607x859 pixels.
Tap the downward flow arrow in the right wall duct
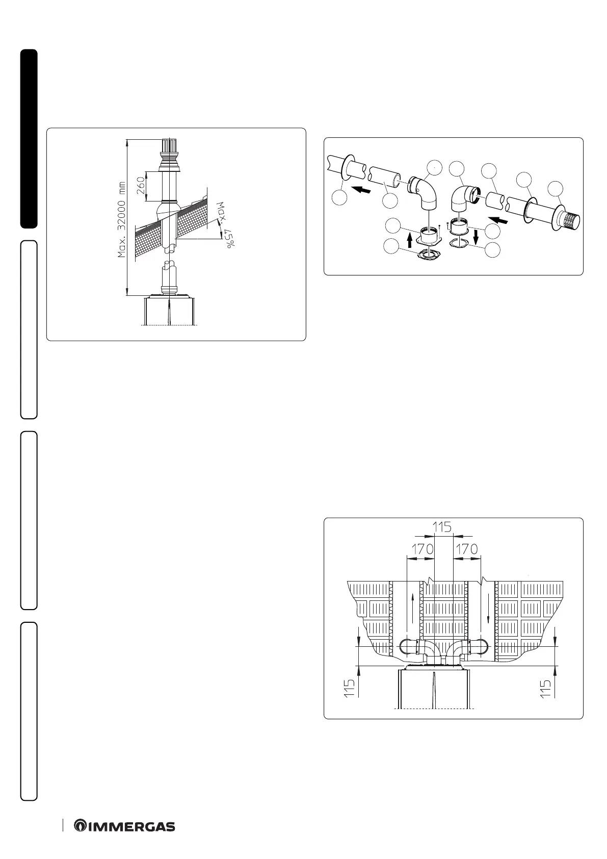[x=489, y=612]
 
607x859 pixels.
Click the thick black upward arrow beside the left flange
[x=410, y=239]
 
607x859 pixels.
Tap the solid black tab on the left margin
[x=29, y=138]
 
